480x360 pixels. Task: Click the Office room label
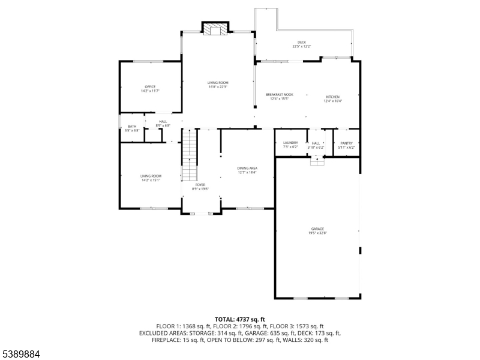[x=150, y=89]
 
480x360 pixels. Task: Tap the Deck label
[x=301, y=44]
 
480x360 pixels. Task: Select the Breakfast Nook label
[x=280, y=97]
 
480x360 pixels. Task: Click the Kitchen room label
[x=332, y=98]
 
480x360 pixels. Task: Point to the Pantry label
[x=347, y=145]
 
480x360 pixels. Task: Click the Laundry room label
[x=290, y=145]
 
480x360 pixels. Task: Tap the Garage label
[x=317, y=230]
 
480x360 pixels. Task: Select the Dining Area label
[x=247, y=170]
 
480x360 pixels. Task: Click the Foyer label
[x=200, y=187]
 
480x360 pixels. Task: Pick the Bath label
[x=132, y=128]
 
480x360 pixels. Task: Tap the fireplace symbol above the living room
[x=215, y=29]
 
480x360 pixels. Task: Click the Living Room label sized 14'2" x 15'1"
[x=151, y=177]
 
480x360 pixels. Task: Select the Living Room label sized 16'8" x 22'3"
[x=218, y=85]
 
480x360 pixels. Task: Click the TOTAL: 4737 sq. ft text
[x=240, y=319]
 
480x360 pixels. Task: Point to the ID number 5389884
[x=21, y=354]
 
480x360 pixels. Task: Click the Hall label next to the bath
[x=163, y=124]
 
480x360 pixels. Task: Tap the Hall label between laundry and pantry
[x=316, y=145]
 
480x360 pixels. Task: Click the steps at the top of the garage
[x=317, y=160]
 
